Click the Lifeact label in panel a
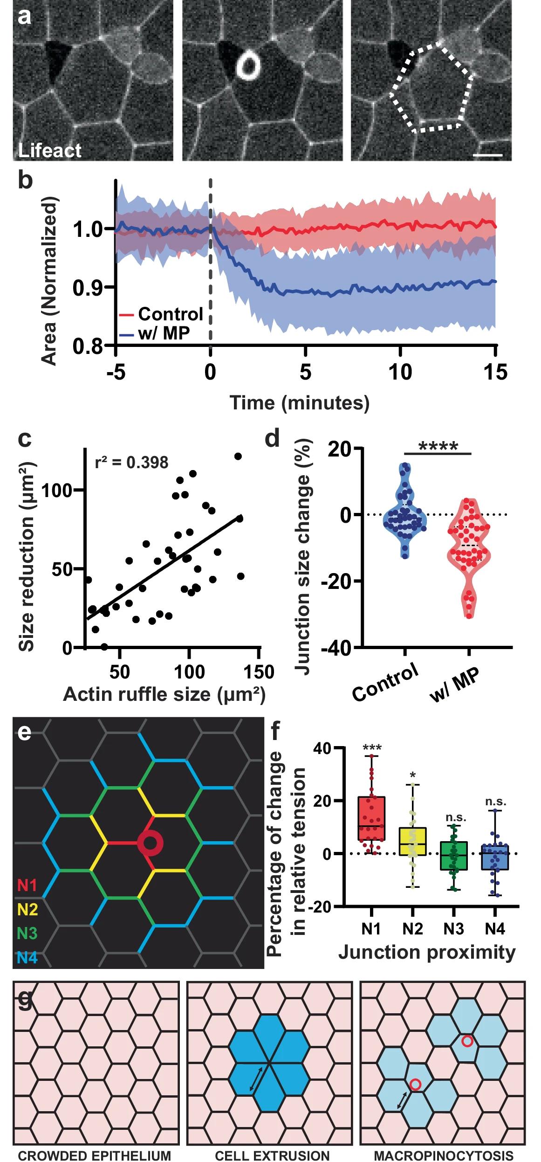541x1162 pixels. pos(49,150)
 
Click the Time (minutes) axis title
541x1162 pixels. pos(300,402)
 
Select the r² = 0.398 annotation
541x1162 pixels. pos(131,462)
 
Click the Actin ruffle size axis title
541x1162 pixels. pos(164,694)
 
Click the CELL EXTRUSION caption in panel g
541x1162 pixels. pos(272,1155)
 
